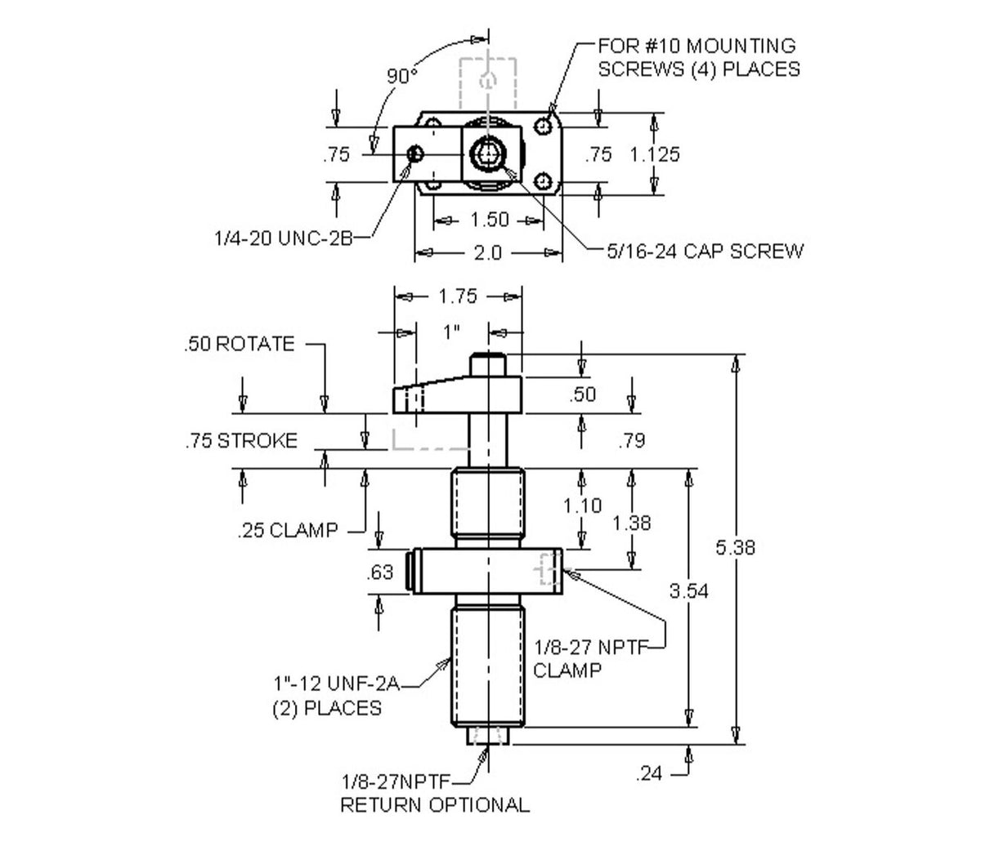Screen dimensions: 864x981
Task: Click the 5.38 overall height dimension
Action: [735, 547]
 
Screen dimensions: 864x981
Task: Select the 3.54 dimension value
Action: [689, 590]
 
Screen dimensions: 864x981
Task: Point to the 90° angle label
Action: [401, 76]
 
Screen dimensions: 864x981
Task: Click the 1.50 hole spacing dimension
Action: [490, 220]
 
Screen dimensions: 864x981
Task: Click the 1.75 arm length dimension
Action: [457, 296]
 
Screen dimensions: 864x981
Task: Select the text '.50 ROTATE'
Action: [239, 344]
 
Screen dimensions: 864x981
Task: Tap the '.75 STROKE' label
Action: [240, 441]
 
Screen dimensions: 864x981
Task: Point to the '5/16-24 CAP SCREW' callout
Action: [705, 251]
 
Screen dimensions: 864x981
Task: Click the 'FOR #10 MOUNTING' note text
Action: [697, 46]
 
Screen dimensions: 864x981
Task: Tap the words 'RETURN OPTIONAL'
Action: [434, 804]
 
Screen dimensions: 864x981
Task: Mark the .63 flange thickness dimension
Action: [380, 572]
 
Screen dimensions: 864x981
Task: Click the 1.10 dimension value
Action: [582, 505]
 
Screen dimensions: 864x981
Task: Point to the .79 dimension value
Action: [632, 441]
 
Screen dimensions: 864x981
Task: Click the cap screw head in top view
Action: [489, 153]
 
